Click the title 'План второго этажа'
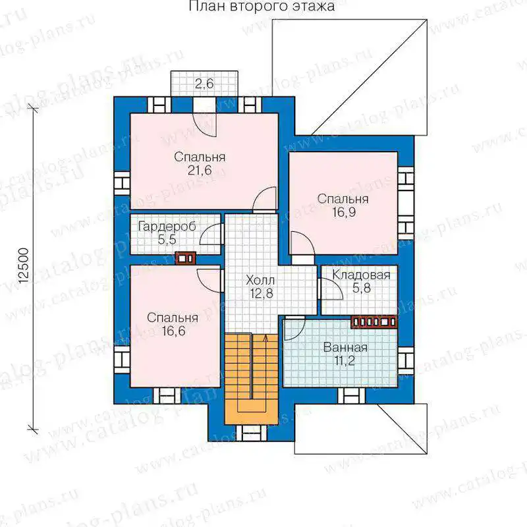tap(262, 6)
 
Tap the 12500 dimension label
tap(23, 266)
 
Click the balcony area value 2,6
tap(204, 83)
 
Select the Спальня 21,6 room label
tap(200, 163)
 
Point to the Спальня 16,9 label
tap(343, 206)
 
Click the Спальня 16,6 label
tap(173, 324)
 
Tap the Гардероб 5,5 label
tap(167, 233)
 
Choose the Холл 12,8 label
tap(260, 287)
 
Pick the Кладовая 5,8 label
tap(361, 282)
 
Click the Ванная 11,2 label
tap(345, 354)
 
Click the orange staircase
tap(251, 379)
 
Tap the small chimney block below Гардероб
tap(186, 258)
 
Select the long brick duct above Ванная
tap(374, 322)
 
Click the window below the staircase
tap(251, 433)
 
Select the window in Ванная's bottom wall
tap(351, 395)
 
